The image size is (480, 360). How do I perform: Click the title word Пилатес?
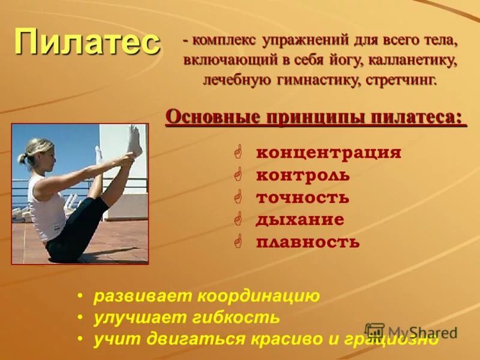[x=88, y=42]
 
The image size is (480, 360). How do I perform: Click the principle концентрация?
[x=328, y=153]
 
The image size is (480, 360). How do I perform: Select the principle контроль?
[x=302, y=175]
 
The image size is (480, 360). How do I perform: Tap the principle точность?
[x=302, y=197]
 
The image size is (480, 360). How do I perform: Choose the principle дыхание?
[x=300, y=220]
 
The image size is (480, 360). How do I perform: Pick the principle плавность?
[x=308, y=242]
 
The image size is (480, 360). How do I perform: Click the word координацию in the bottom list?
[x=260, y=296]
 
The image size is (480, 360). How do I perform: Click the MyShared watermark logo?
[x=412, y=332]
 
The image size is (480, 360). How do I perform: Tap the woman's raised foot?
[x=136, y=139]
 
